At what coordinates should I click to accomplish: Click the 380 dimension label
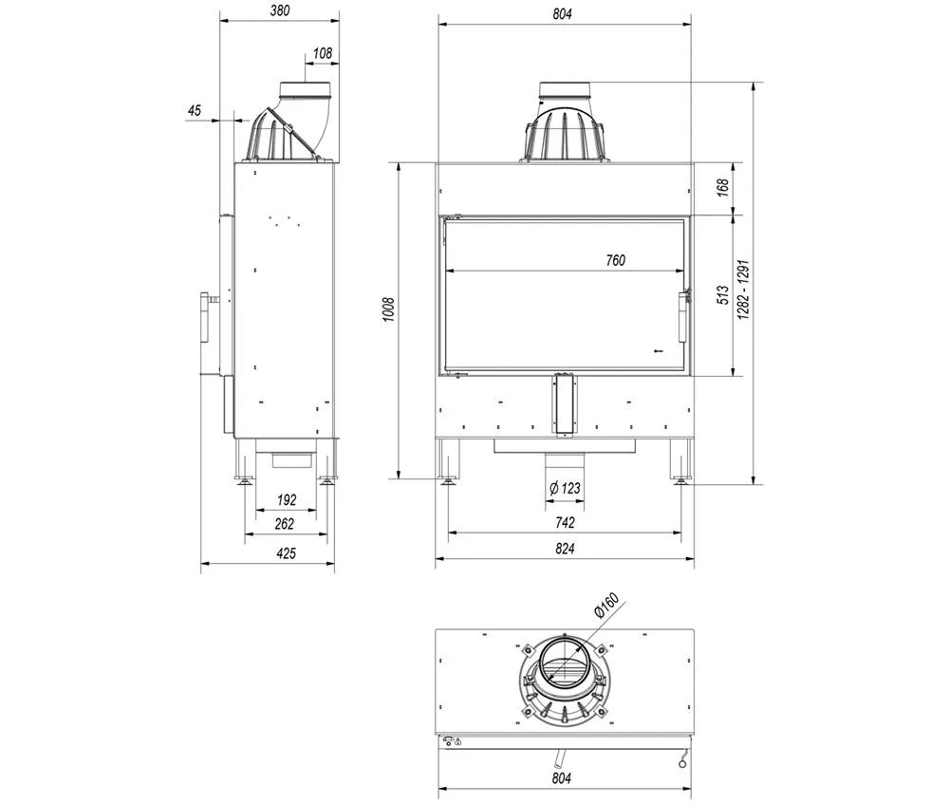(x=280, y=10)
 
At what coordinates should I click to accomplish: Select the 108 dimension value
(x=323, y=53)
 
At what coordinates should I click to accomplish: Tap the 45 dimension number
(x=195, y=110)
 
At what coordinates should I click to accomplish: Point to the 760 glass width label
(x=616, y=260)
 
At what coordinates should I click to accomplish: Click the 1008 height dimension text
(x=388, y=309)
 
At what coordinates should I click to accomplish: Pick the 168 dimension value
(x=722, y=188)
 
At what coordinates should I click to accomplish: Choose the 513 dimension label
(x=722, y=295)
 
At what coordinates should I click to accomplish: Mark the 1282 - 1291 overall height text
(x=743, y=290)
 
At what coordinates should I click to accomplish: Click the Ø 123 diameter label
(x=565, y=488)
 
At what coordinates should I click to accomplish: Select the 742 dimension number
(x=565, y=522)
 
